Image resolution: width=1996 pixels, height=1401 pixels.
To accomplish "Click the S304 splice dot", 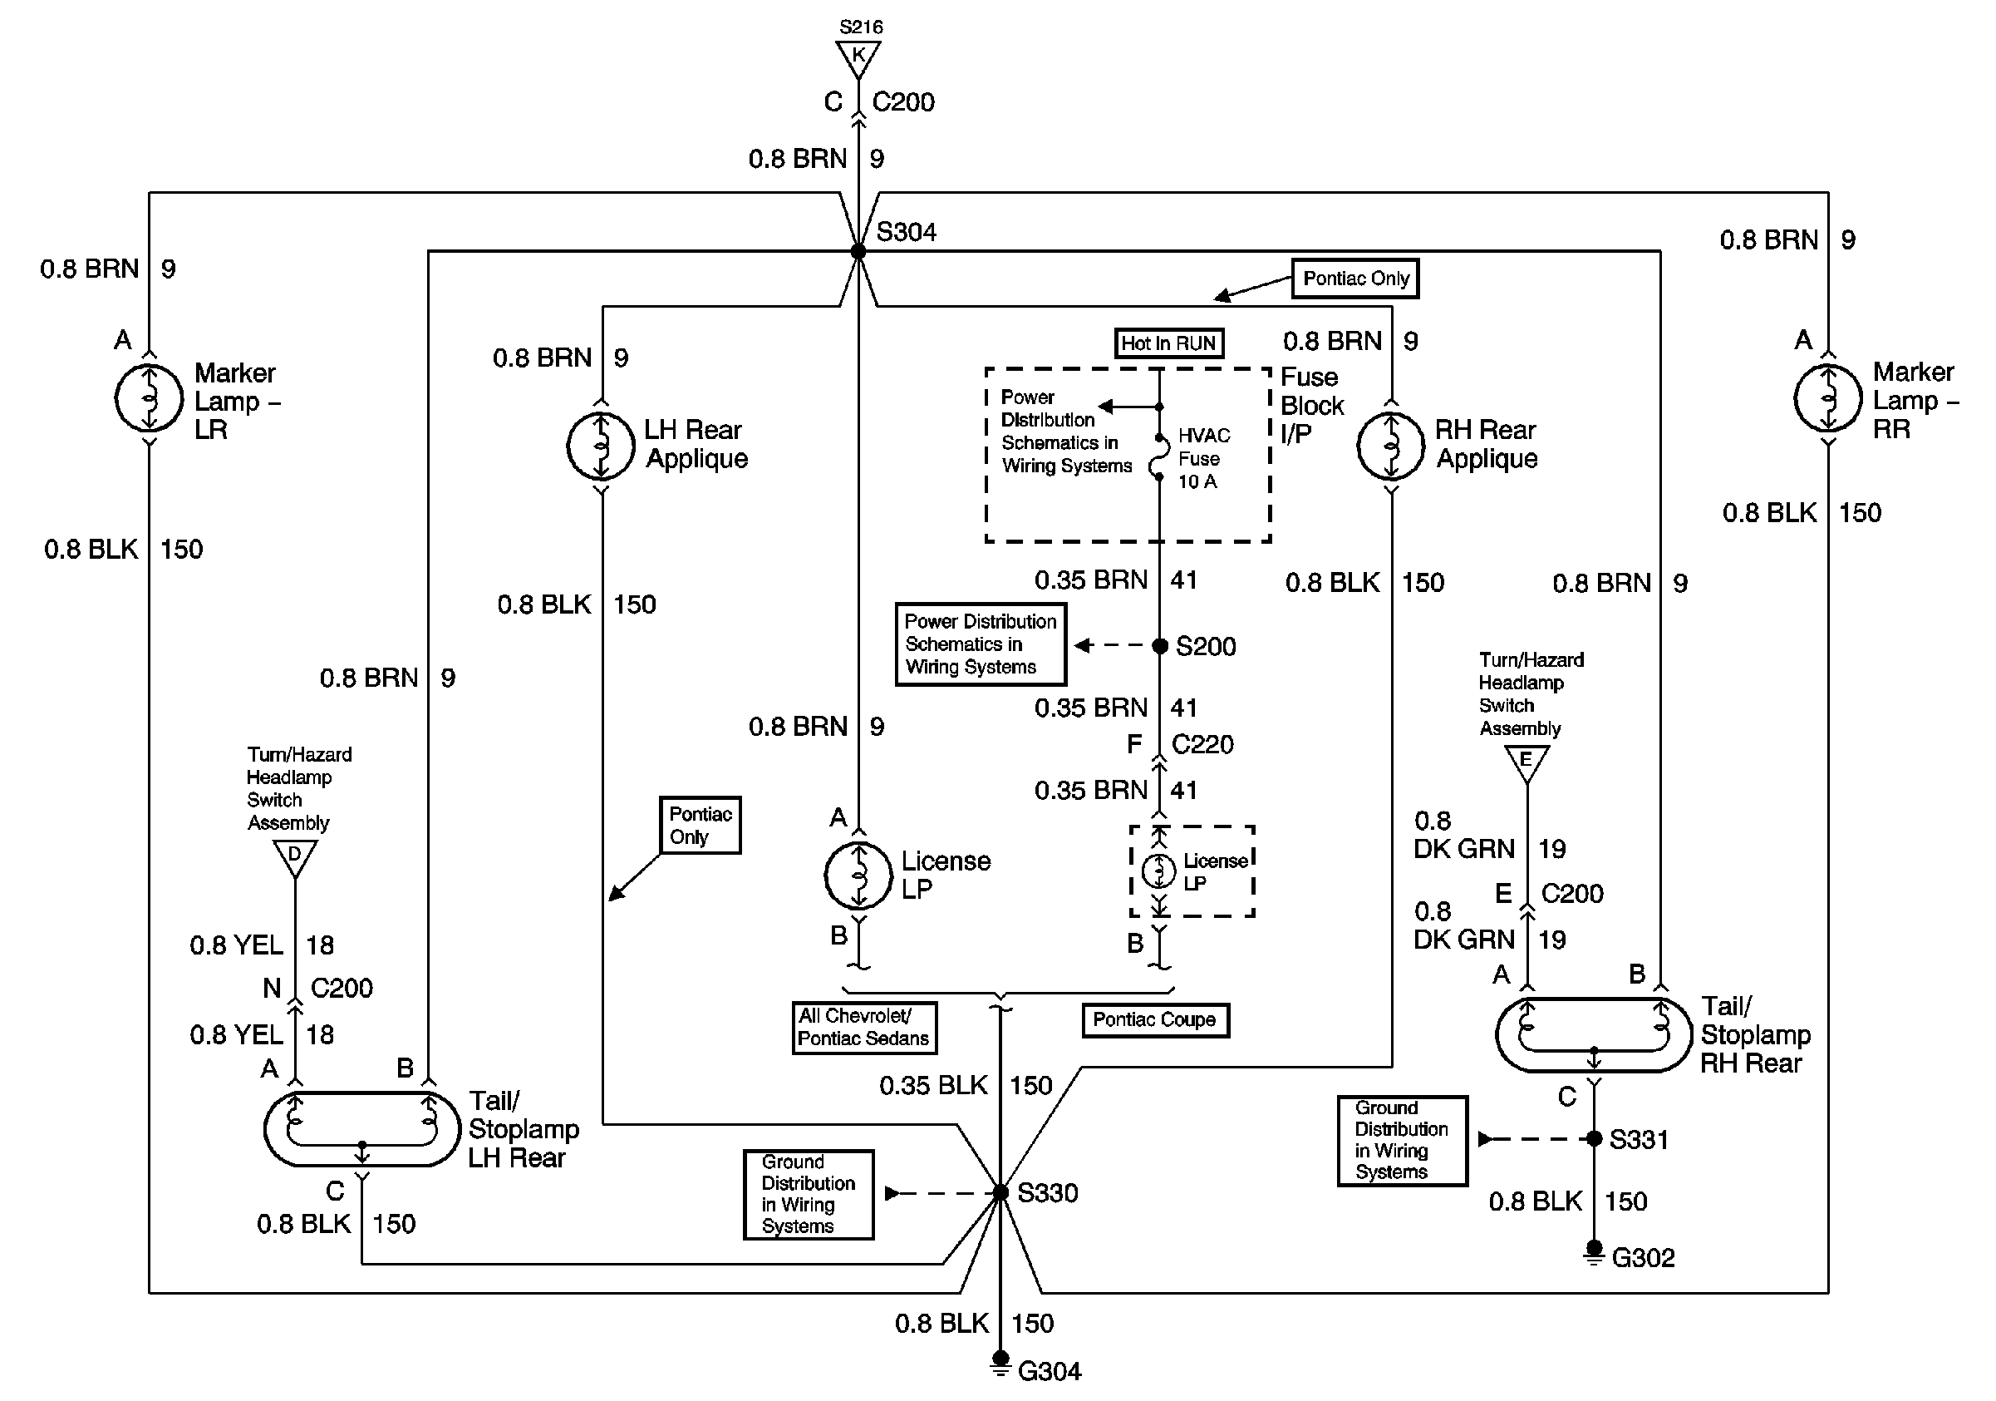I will [x=858, y=251].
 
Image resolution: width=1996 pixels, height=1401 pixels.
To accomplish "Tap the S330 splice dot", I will [x=1000, y=1192].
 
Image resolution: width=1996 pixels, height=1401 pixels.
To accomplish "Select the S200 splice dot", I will [x=1160, y=645].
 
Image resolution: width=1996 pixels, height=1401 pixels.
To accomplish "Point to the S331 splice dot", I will [x=1594, y=1138].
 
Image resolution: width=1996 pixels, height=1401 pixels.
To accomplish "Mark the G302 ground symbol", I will [x=1594, y=1252].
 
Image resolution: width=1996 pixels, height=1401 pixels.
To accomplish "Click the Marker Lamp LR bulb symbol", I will [x=149, y=398].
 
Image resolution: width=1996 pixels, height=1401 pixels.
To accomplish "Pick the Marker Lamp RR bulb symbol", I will [x=1828, y=398].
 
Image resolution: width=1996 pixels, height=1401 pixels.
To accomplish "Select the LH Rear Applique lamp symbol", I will [x=601, y=447].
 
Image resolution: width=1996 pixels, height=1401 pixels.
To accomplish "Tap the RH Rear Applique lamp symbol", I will [x=1391, y=447].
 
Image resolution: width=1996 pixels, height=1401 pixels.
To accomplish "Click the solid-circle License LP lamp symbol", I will [x=858, y=875].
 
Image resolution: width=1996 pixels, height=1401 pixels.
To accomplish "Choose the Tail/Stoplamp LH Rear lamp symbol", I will [x=361, y=1129].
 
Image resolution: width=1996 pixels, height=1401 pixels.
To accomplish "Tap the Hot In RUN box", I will [x=1168, y=343].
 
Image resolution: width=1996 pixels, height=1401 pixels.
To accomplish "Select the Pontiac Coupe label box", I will [x=1154, y=1019].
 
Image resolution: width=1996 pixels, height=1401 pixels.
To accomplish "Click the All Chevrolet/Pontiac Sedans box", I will [x=863, y=1027].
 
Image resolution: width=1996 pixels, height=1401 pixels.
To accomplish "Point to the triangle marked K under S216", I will [x=858, y=57].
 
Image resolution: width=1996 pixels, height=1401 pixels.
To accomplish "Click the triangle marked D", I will [x=295, y=855].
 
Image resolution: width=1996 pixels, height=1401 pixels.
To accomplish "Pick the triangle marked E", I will [x=1526, y=762].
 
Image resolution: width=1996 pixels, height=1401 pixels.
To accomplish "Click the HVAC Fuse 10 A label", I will [x=1203, y=458].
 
